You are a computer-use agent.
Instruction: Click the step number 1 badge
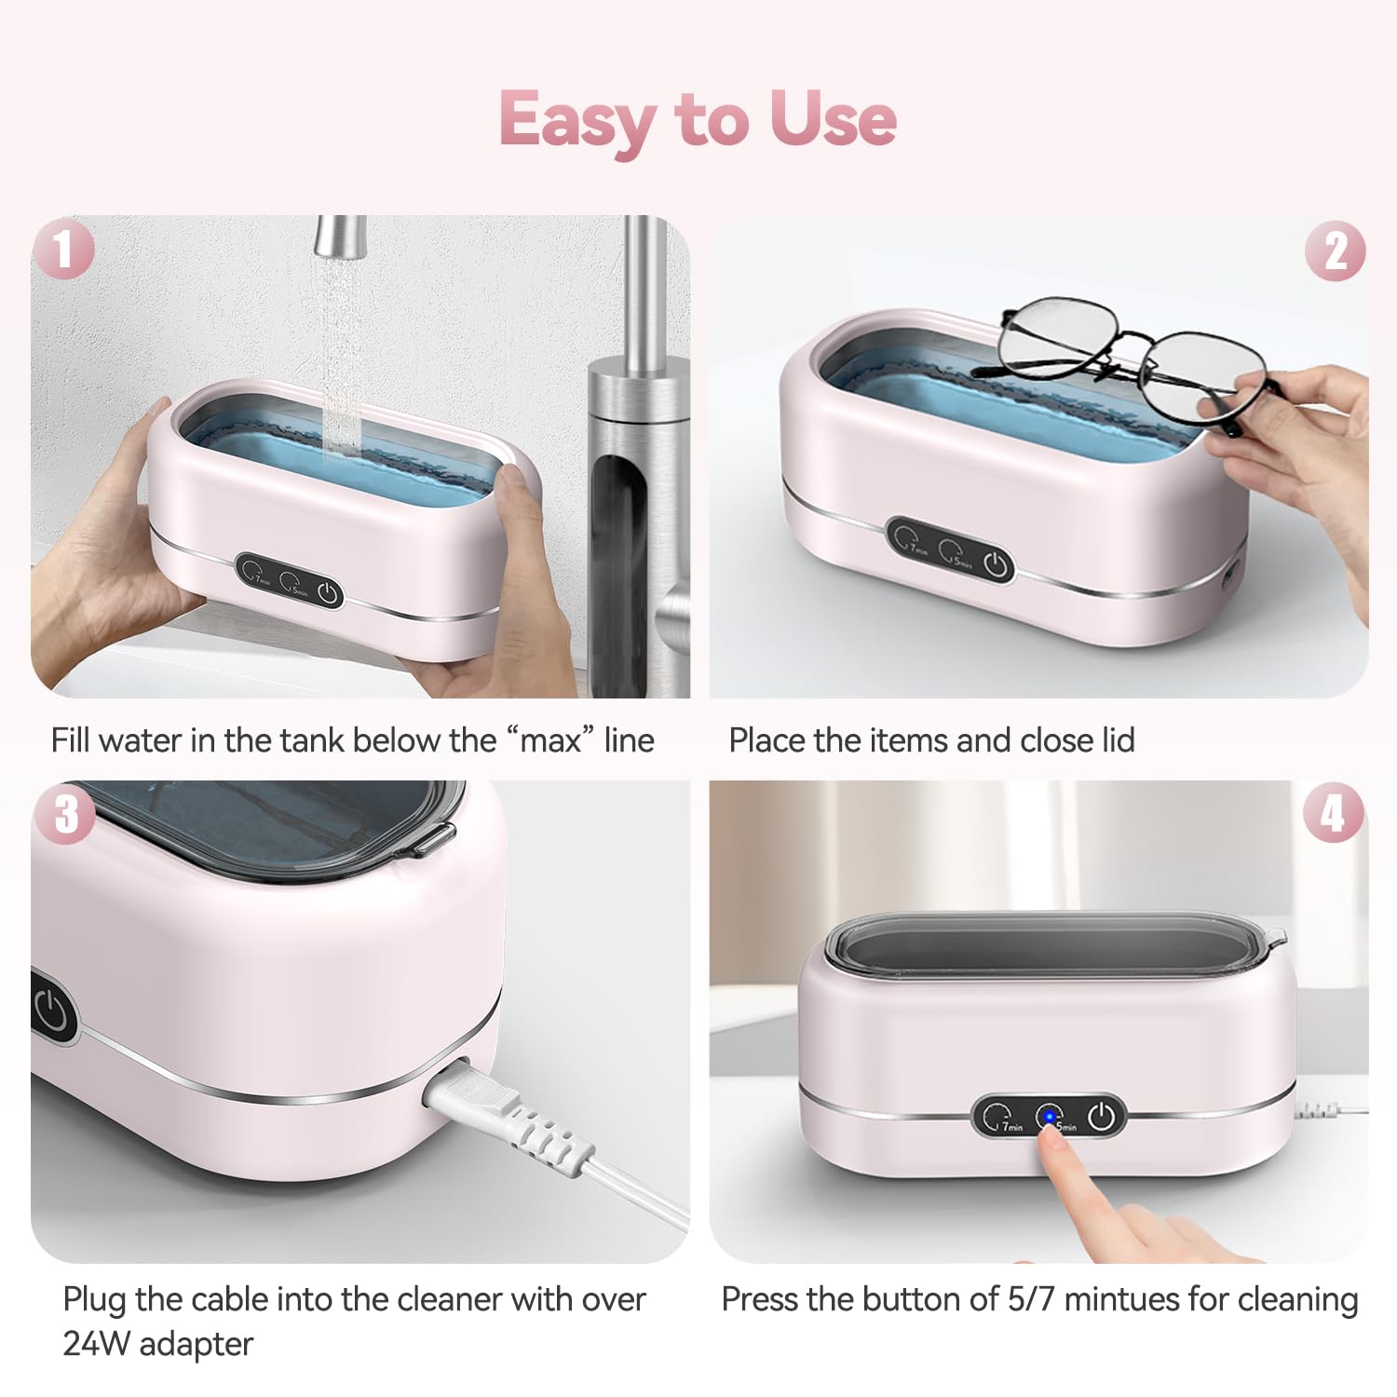(x=63, y=249)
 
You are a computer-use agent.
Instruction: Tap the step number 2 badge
(x=1335, y=251)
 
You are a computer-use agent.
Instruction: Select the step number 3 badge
(x=65, y=813)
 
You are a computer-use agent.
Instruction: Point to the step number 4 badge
(x=1334, y=813)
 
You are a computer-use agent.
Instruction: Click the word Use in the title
(x=833, y=119)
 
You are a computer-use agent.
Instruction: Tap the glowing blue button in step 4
(x=1050, y=1116)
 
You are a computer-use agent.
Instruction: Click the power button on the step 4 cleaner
(x=1102, y=1116)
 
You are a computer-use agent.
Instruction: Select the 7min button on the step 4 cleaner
(x=998, y=1117)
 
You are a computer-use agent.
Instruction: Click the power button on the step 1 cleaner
(x=328, y=592)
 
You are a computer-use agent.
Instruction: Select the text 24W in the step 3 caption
(x=97, y=1344)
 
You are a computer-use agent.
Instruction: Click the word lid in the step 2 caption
(x=1118, y=740)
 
